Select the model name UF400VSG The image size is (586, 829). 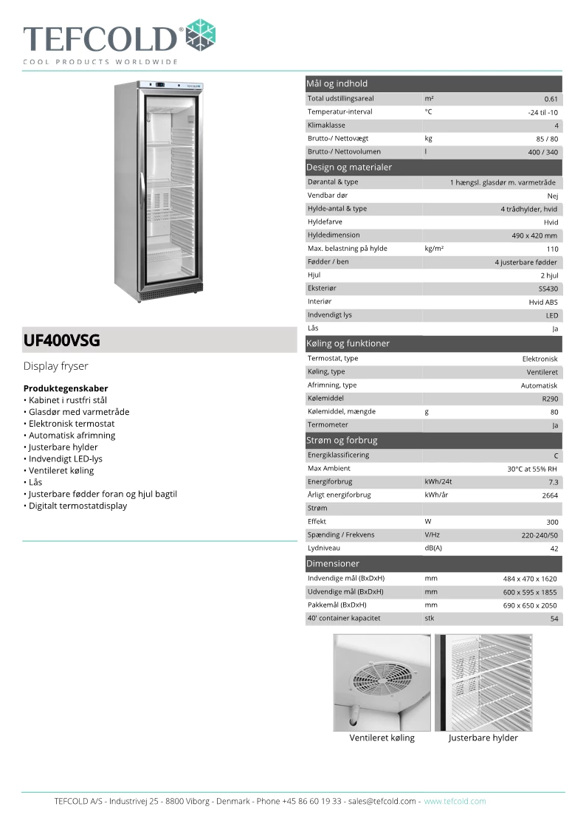pyautogui.click(x=61, y=341)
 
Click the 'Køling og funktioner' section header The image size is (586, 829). pyautogui.click(x=348, y=343)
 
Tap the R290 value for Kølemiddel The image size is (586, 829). pyautogui.click(x=549, y=399)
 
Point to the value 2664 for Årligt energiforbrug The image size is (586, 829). pyautogui.click(x=549, y=495)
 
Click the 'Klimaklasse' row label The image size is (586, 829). pyautogui.click(x=326, y=125)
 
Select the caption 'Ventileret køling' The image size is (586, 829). pyautogui.click(x=382, y=738)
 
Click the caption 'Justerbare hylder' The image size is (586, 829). pyautogui.click(x=483, y=738)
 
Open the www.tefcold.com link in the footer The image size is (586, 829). pyautogui.click(x=455, y=801)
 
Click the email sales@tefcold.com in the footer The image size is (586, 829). pyautogui.click(x=382, y=801)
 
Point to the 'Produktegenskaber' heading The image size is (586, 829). pyautogui.click(x=66, y=388)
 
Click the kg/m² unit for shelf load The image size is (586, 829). pyautogui.click(x=434, y=249)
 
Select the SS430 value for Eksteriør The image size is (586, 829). pyautogui.click(x=548, y=289)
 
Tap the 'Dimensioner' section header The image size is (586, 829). pyautogui.click(x=333, y=563)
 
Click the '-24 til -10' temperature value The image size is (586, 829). pyautogui.click(x=542, y=112)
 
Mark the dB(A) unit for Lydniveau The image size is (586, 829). pyautogui.click(x=433, y=548)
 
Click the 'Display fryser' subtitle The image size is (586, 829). pyautogui.click(x=56, y=366)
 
